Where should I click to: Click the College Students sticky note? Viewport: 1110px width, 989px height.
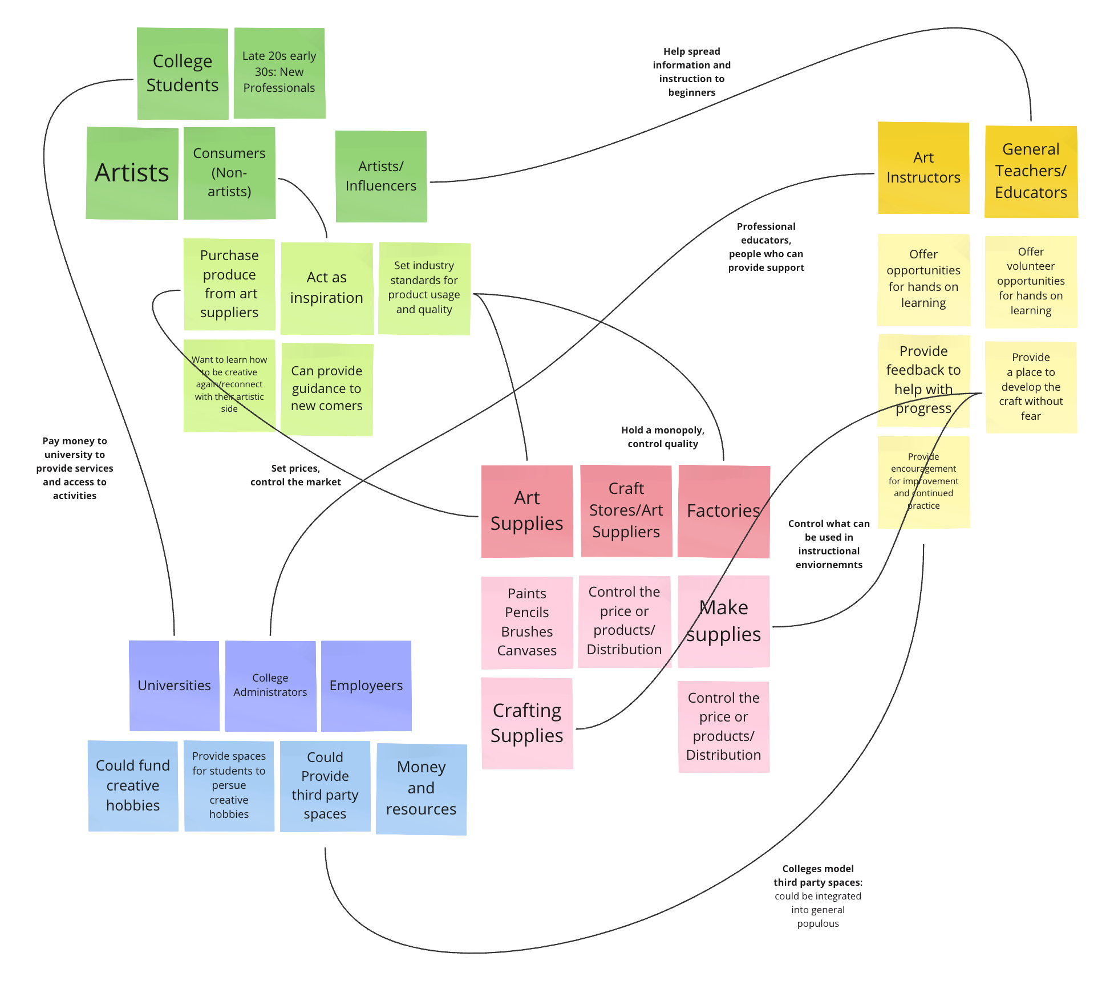[183, 74]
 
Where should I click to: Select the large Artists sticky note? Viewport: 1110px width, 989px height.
[132, 173]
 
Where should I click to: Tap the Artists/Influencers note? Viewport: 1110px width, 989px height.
[381, 176]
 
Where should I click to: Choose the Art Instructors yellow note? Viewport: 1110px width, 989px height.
[923, 168]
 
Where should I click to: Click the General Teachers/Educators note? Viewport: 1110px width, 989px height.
[1031, 171]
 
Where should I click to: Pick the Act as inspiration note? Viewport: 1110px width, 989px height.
[327, 288]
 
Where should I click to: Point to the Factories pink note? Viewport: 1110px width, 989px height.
[724, 511]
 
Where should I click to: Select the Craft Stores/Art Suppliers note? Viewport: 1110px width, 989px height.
[626, 510]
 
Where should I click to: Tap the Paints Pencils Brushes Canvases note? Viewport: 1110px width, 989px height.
[527, 622]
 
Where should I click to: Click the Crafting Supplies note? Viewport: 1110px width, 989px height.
[527, 723]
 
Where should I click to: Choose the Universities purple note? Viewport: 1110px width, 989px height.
[174, 686]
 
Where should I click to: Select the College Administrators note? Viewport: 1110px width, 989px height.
[270, 686]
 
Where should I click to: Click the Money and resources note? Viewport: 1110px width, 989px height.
[422, 789]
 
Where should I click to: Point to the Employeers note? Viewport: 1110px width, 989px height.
[366, 686]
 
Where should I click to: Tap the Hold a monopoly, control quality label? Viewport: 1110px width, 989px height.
[663, 437]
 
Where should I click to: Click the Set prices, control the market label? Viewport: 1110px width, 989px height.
[295, 475]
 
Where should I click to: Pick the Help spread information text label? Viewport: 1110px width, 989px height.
[692, 72]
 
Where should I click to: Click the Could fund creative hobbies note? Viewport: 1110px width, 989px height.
[133, 785]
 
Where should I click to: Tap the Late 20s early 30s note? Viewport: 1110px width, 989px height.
[279, 73]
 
